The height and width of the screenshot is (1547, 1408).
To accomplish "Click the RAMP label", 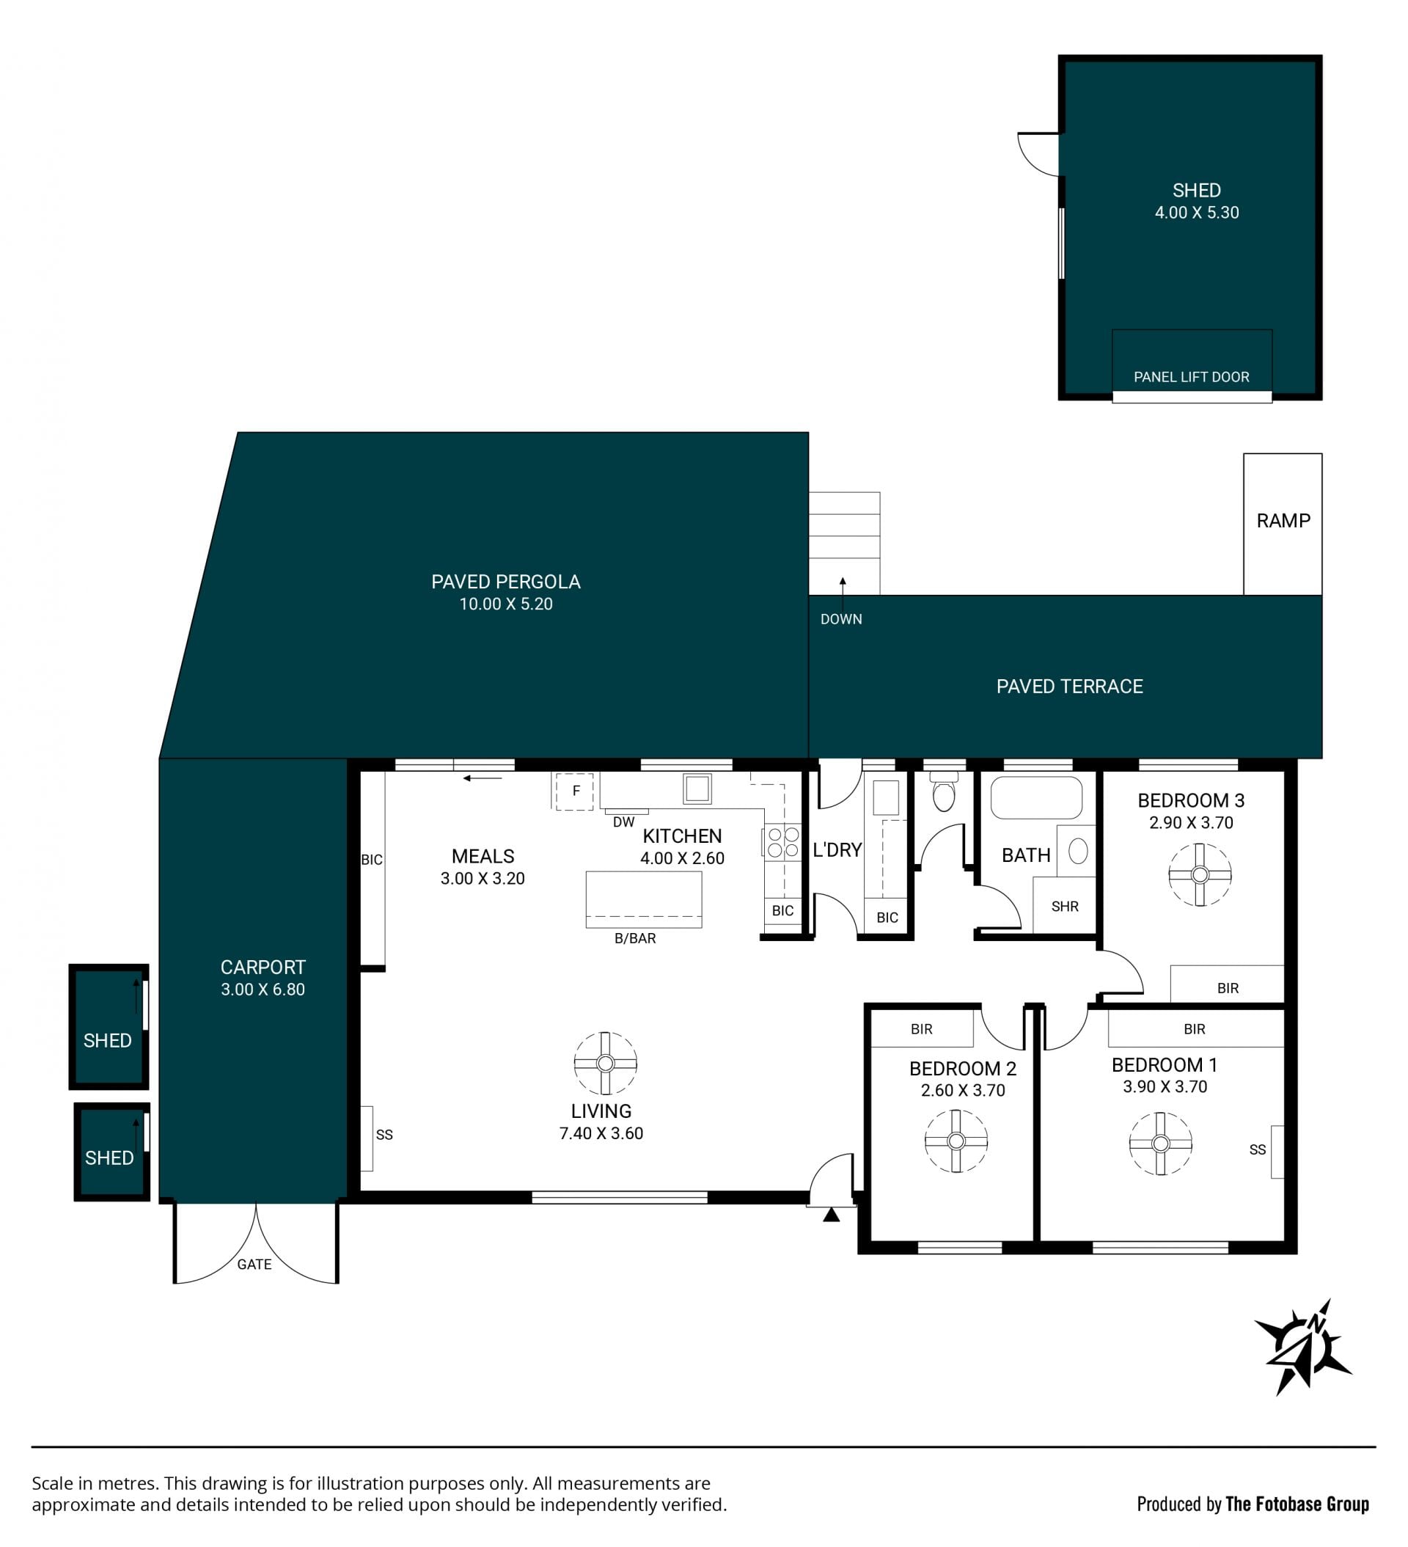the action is [x=1283, y=520].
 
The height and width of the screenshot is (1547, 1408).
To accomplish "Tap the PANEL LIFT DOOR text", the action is [x=1191, y=377].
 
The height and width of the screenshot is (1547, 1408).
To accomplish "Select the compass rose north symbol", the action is [x=1302, y=1347].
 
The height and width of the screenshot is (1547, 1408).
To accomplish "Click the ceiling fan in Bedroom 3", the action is [x=1199, y=874].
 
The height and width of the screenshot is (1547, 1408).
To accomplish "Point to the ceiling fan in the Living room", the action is [x=605, y=1063].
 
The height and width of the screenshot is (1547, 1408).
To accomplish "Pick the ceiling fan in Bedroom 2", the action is [x=956, y=1141].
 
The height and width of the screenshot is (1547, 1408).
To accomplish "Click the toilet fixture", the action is [x=943, y=792].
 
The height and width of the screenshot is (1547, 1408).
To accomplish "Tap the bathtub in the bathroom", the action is [x=1036, y=798].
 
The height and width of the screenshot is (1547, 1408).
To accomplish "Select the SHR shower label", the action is [x=1064, y=906].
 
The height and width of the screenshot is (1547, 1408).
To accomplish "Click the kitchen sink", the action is [x=697, y=788].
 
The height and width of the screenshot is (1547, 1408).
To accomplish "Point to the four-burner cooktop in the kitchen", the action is [x=782, y=842].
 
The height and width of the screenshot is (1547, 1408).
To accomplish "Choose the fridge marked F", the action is [x=573, y=791].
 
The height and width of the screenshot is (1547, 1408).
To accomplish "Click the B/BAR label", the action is [x=634, y=937].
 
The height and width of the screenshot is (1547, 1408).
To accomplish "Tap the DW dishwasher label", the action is [x=623, y=822].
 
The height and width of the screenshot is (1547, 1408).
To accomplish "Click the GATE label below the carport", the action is [x=254, y=1264].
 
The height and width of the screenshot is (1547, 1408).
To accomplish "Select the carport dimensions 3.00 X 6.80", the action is [x=263, y=989].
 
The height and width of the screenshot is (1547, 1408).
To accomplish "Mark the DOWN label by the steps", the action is [x=841, y=618].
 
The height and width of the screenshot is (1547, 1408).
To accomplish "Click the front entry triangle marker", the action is [x=831, y=1215].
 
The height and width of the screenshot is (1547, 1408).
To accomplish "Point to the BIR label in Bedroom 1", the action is [x=1194, y=1028].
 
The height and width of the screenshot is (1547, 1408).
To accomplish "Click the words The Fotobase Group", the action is [x=1297, y=1503].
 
